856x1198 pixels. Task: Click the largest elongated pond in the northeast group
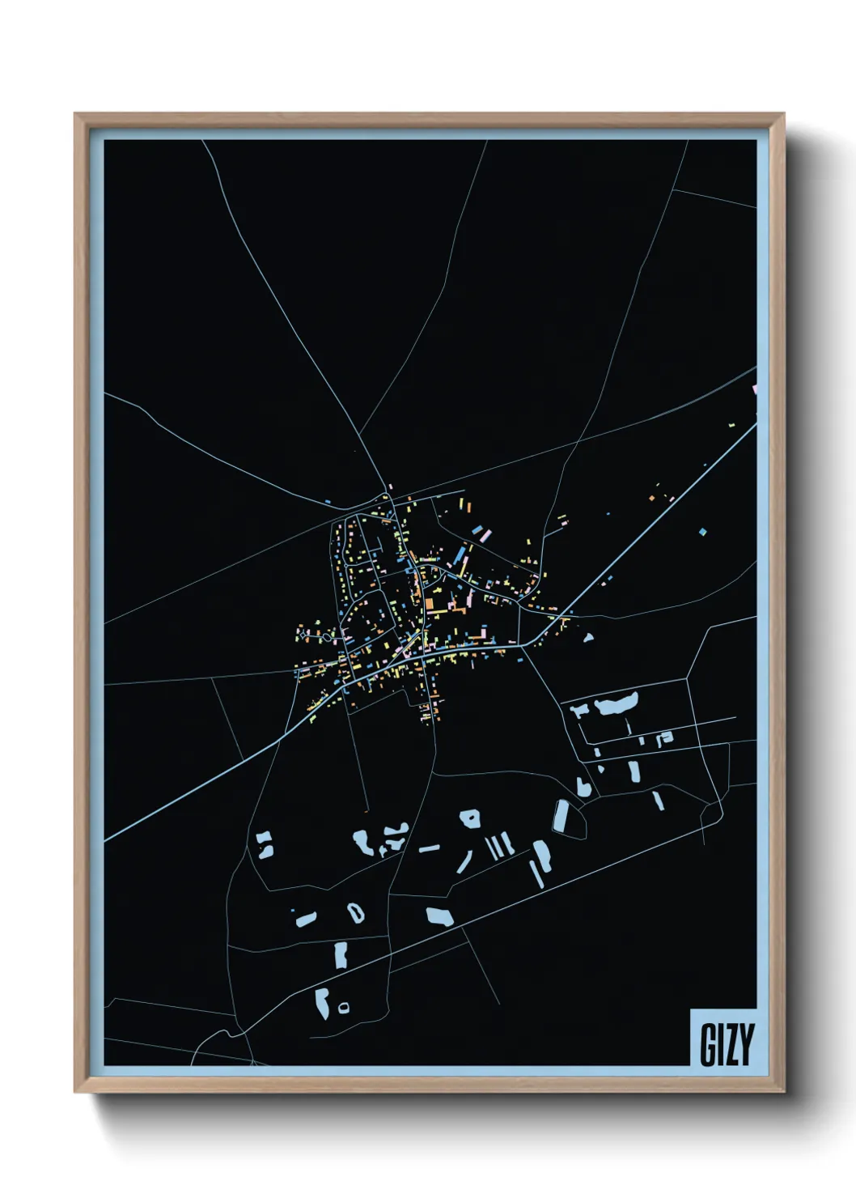click(617, 703)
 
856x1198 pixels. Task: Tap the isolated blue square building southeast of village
click(702, 532)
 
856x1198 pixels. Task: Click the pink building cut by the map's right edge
click(754, 391)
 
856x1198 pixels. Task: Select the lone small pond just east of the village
click(589, 637)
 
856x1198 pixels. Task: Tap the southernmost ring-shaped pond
click(344, 1007)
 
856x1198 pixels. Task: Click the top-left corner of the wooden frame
click(75, 114)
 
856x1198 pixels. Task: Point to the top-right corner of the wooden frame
click(783, 114)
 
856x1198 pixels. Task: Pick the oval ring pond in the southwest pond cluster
click(355, 912)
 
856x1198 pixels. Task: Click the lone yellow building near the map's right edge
click(732, 423)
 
